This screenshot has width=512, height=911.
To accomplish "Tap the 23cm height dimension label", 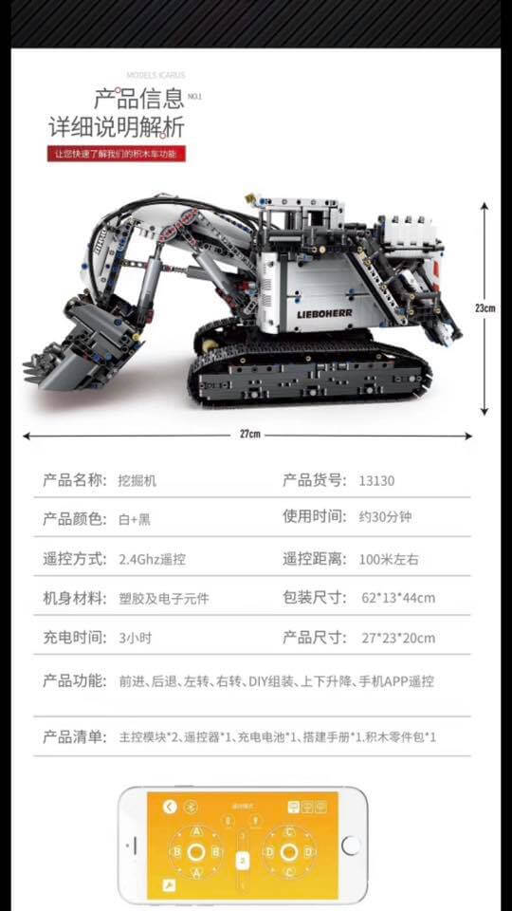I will coord(485,307).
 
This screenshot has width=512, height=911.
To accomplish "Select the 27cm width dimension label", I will coord(249,434).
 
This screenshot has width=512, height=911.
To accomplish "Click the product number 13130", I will coord(376,480).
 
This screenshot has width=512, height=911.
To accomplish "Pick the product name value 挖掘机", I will coord(137,480).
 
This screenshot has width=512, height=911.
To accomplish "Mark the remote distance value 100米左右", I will coord(390,559).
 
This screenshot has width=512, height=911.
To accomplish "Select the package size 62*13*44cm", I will coord(398,598).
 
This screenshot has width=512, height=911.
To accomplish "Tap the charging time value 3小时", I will coord(135,638).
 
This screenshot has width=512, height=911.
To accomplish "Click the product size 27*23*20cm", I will coord(398,638).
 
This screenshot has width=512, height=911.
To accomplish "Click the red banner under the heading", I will coord(117,154).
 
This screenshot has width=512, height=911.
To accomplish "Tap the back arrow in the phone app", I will coord(170,807).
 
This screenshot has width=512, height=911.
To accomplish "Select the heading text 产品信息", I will coord(138,100).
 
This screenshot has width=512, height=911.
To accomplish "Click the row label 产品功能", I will coord(74,680).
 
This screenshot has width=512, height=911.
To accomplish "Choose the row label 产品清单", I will coord(74,736).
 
